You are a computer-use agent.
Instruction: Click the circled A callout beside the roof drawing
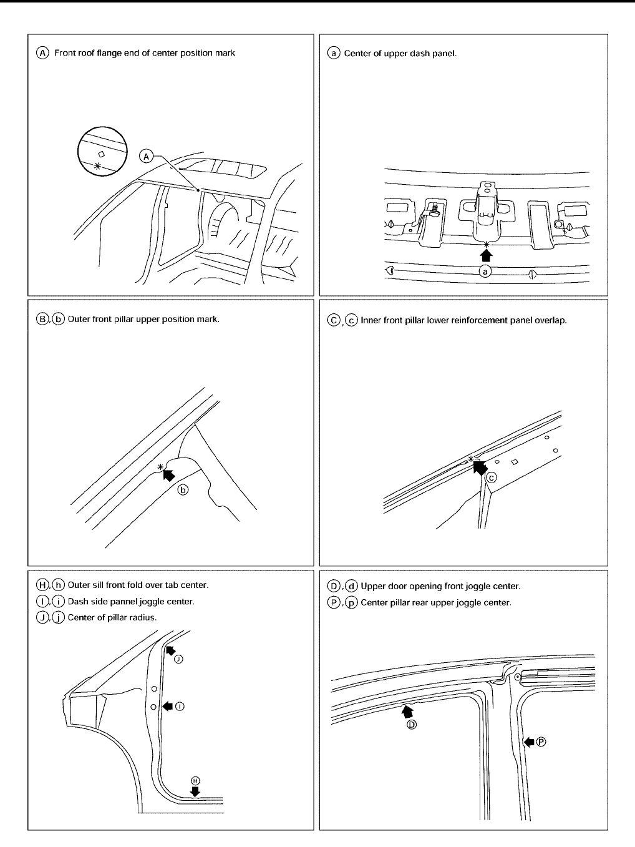[x=147, y=155]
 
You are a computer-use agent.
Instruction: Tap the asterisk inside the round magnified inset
[x=97, y=166]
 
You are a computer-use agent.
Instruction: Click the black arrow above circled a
[x=486, y=253]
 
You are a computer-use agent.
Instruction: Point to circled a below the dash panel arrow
[x=486, y=271]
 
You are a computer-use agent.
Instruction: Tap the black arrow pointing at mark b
[x=168, y=474]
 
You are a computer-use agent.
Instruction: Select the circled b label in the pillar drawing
[x=183, y=490]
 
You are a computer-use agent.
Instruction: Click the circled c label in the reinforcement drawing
[x=492, y=478]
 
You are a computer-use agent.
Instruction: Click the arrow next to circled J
[x=170, y=650]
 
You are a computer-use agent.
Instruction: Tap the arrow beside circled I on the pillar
[x=167, y=706]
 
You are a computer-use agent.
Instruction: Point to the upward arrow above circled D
[x=408, y=710]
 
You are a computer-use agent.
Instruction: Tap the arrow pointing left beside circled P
[x=529, y=742]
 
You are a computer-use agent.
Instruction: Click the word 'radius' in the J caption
[x=142, y=618]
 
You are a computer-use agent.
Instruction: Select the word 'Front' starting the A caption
[x=65, y=53]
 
